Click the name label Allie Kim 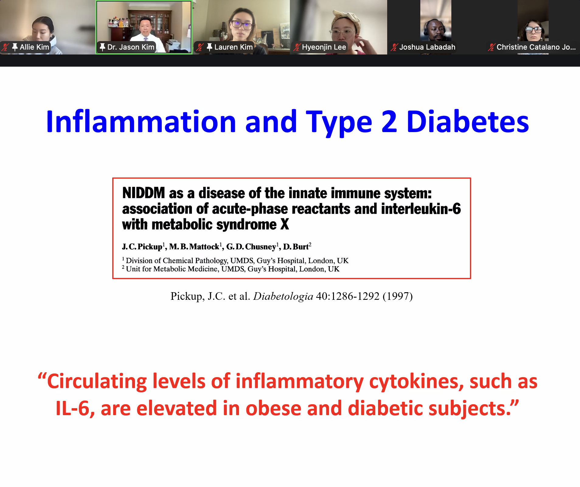click(34, 47)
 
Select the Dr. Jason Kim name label click(131, 47)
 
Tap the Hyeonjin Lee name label click(324, 47)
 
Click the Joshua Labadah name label click(427, 47)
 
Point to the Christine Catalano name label click(536, 47)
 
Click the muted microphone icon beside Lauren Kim click(200, 47)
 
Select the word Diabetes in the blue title click(468, 122)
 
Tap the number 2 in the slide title click(389, 122)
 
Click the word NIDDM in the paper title click(144, 193)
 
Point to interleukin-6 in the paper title click(421, 209)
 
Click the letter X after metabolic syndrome click(285, 225)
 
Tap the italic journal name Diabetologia click(283, 296)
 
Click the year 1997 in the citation click(398, 296)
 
